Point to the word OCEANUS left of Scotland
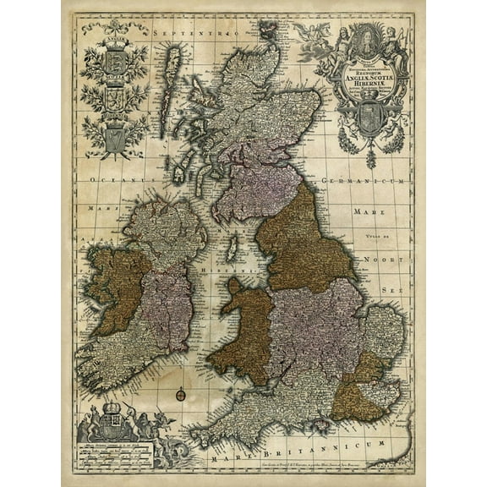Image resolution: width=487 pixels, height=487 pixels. tap(119, 180)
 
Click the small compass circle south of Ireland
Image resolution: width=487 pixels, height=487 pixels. tap(182, 395)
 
